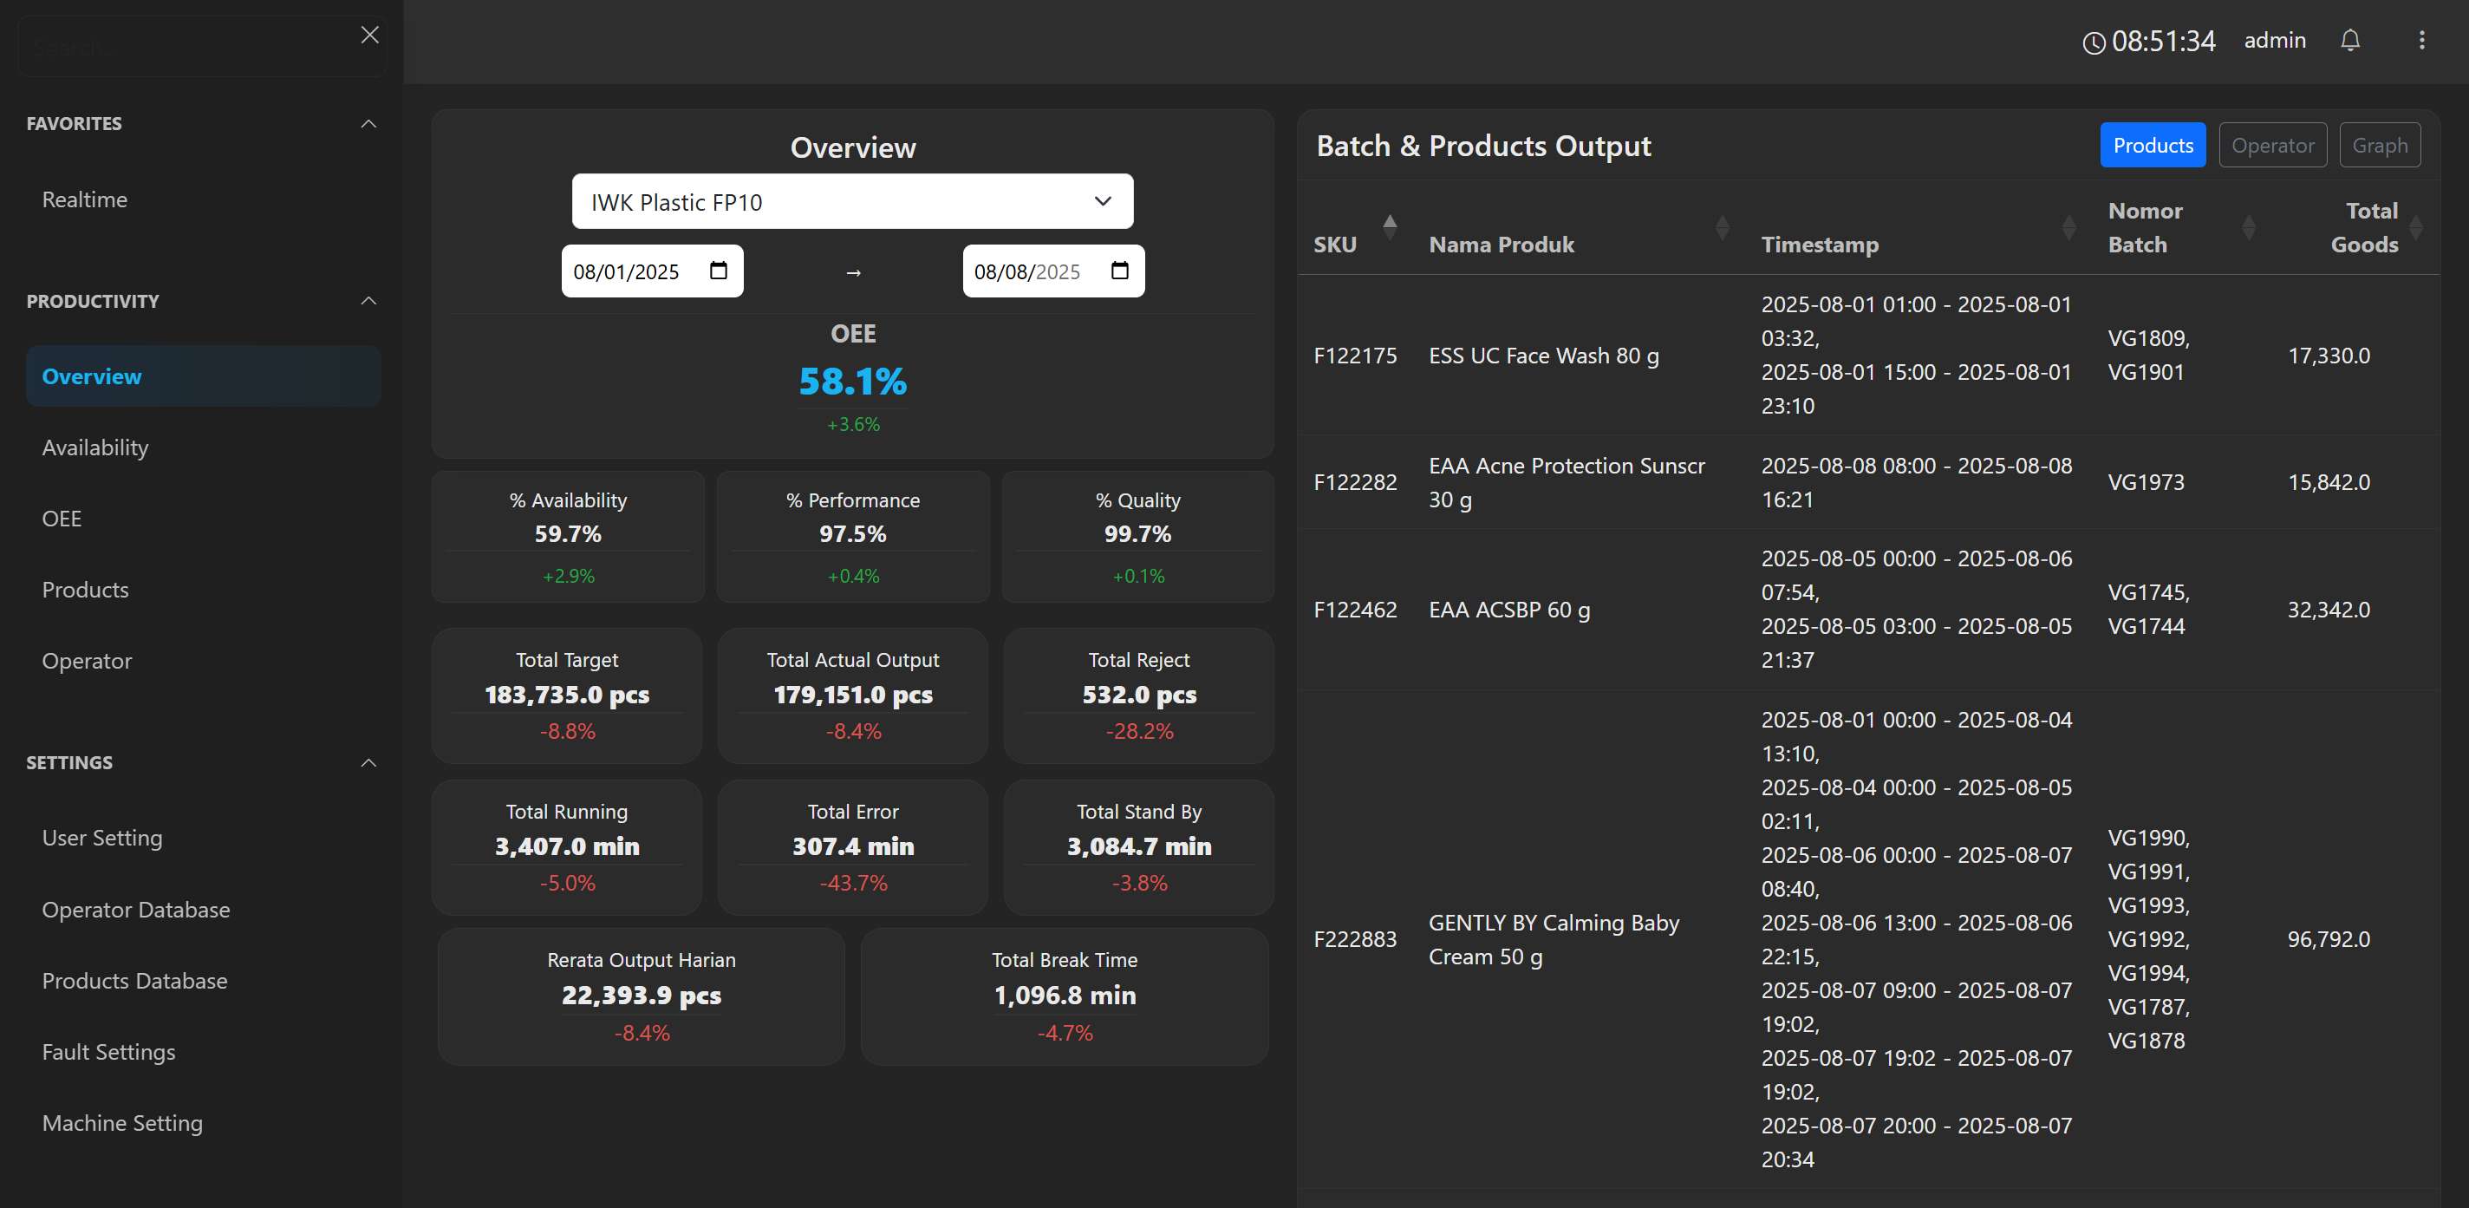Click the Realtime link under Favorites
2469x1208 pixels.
coord(84,199)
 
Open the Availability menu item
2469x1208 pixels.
coord(94,447)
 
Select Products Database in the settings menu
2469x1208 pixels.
coord(134,981)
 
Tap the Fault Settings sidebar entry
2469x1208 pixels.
coord(108,1052)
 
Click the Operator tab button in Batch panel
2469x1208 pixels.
coord(2271,146)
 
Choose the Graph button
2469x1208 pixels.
coord(2379,146)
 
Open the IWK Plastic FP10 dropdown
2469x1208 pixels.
coord(852,201)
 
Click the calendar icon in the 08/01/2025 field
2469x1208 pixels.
coord(718,271)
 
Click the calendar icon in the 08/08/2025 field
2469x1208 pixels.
coord(1118,271)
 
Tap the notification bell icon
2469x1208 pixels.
coord(2349,40)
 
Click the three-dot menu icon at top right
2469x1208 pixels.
coord(2421,40)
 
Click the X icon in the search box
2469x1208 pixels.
coord(370,36)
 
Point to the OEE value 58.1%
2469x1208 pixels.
coord(852,382)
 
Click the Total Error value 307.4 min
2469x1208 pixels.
coord(852,846)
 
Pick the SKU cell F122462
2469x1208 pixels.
coord(1354,610)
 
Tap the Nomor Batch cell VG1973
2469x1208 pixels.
coord(2145,482)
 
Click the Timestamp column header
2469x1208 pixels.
coord(1819,245)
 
